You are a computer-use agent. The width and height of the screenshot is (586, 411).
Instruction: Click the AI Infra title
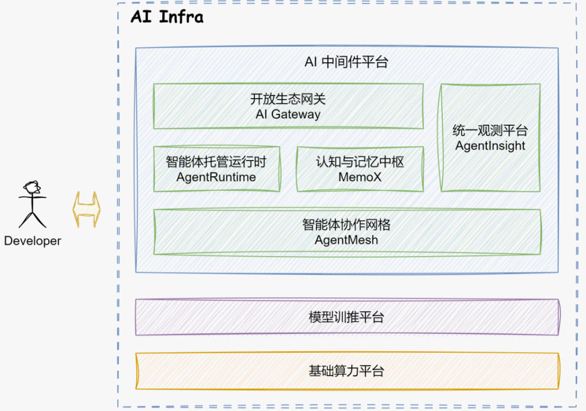[x=167, y=17]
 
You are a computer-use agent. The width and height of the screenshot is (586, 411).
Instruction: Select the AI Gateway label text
[x=288, y=114]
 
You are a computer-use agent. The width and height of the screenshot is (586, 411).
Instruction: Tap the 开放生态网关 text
[x=288, y=100]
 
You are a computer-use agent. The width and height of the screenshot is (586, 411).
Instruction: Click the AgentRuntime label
[x=216, y=177]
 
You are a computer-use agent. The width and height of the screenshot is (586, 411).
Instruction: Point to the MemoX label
[x=360, y=177]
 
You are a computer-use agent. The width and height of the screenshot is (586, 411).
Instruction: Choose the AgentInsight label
[x=490, y=146]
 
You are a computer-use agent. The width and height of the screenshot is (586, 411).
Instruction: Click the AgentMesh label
[x=346, y=240]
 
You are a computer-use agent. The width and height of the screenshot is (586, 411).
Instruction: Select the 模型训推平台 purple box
[x=347, y=317]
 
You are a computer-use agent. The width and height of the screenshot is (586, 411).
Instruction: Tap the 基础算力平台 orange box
[x=347, y=371]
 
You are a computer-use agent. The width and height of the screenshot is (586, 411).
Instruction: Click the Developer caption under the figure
[x=33, y=241]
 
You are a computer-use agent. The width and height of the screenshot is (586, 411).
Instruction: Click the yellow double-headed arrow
[x=87, y=209]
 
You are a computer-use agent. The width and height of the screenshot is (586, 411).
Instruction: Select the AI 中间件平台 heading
[x=346, y=62]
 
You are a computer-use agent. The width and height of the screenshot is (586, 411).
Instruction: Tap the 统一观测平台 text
[x=490, y=131]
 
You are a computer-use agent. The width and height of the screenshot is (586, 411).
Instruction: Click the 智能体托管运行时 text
[x=216, y=162]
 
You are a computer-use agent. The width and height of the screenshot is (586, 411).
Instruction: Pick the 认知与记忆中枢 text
[x=360, y=162]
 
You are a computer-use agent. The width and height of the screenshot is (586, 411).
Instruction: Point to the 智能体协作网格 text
[x=346, y=224]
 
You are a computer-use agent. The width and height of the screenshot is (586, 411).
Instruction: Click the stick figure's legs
[x=32, y=219]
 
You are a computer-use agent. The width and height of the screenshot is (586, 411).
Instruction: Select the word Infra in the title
[x=182, y=17]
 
